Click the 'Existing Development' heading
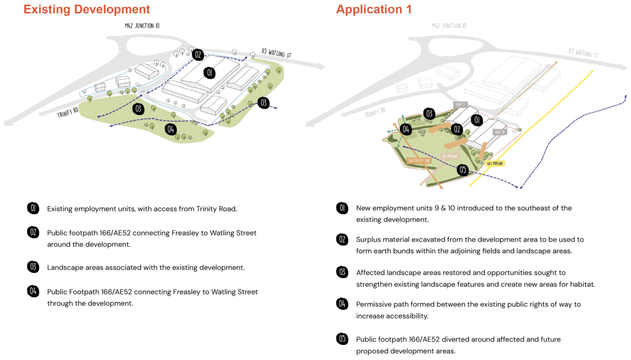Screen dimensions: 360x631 coord(87,9)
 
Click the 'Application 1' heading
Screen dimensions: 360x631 coord(374,9)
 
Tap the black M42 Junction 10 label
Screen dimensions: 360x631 coord(142,26)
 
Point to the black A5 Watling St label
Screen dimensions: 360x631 coord(277,53)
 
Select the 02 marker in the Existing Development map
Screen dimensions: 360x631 coord(198,55)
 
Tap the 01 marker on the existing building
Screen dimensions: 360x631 coord(209,72)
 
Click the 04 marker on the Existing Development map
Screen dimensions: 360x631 coord(170,130)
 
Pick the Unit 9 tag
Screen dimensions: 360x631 coord(460,104)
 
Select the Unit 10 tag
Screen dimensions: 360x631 coord(499,132)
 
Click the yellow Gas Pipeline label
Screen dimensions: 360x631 coord(495,163)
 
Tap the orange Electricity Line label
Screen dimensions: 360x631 coord(419,160)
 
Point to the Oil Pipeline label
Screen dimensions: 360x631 coord(450,156)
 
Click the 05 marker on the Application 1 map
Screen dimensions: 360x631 coord(462,170)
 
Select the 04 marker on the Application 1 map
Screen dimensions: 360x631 coord(406,130)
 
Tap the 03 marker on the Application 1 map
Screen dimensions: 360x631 coord(429,113)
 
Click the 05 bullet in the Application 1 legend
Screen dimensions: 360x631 coord(342,339)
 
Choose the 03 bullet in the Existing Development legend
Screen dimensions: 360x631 coord(33,267)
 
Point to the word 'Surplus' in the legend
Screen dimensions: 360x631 coord(369,240)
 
